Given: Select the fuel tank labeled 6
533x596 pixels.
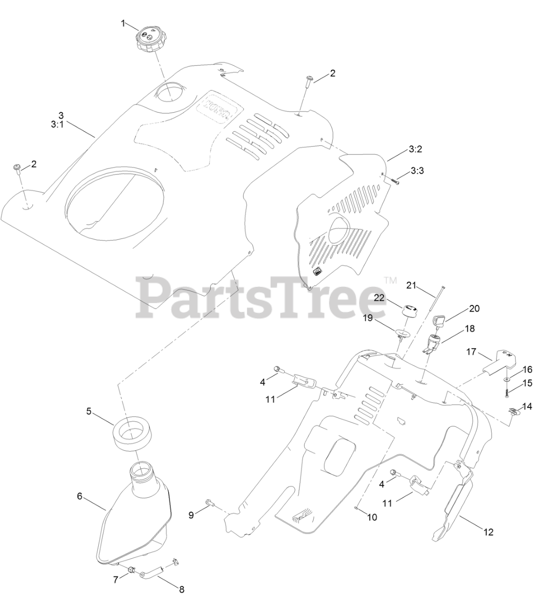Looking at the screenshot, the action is pos(135,517).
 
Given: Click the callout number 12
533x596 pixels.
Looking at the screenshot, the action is pos(488,532).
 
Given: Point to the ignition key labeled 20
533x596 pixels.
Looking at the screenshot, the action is pos(440,321).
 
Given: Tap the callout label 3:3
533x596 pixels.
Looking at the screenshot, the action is pos(417,171).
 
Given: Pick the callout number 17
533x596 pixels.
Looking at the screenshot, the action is pos(471,352).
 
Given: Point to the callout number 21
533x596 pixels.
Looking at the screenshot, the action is pos(410,285).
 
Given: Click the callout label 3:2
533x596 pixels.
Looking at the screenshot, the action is pos(415,149).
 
